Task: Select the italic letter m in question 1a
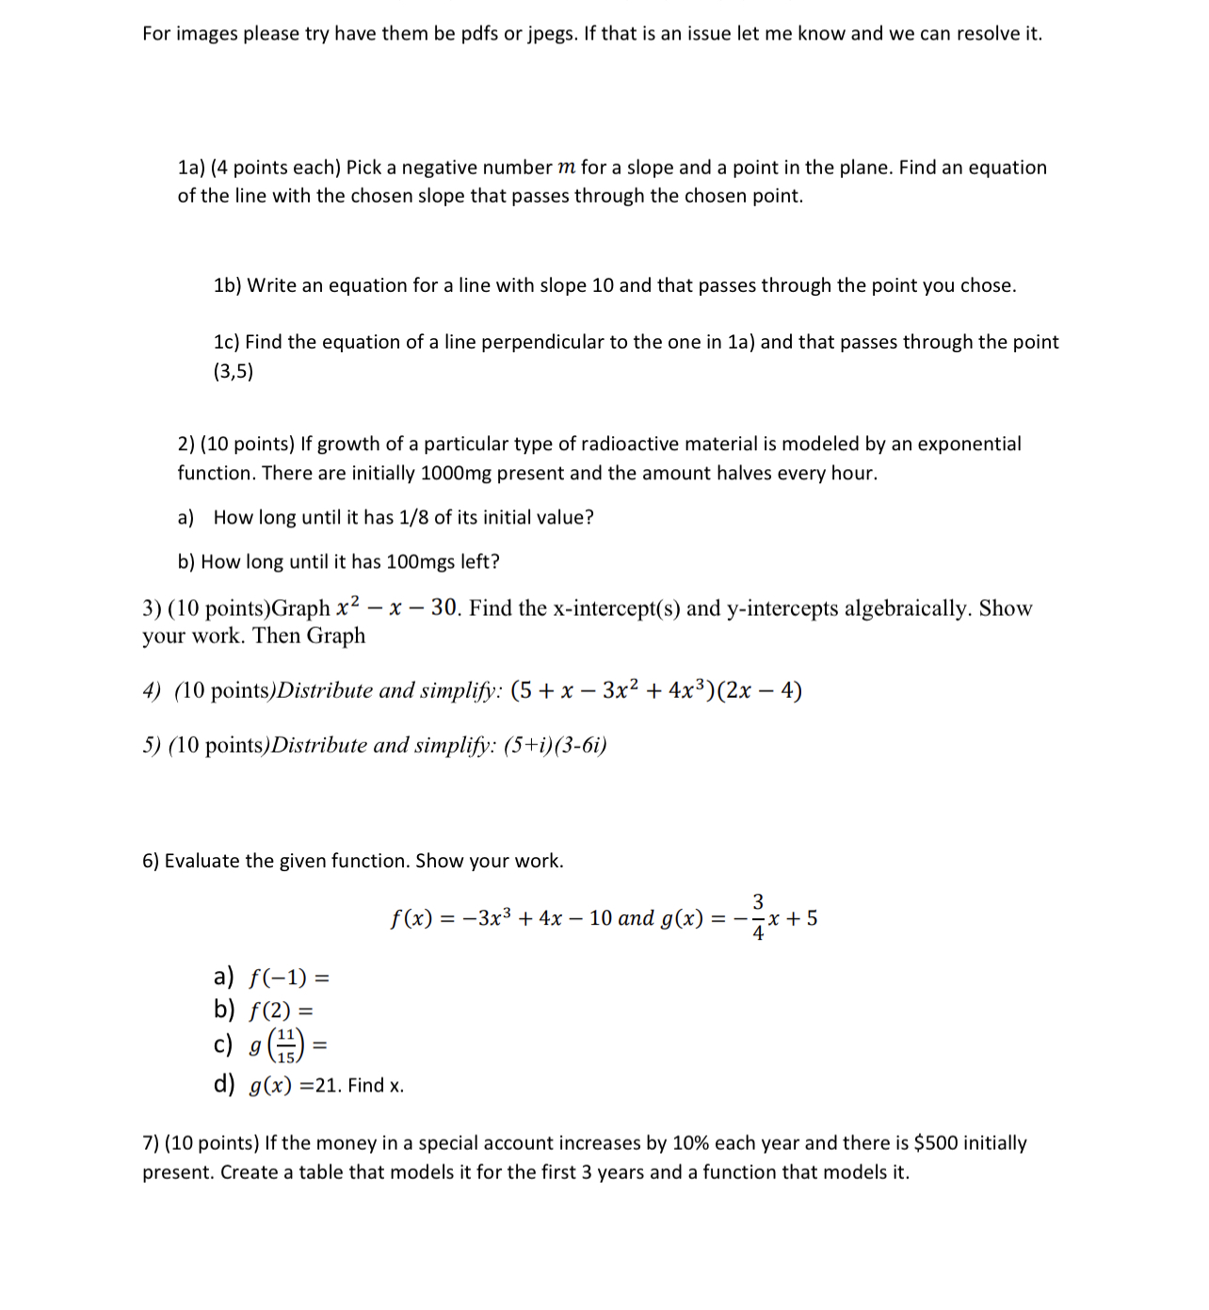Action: (x=566, y=168)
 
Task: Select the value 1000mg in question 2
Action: (x=456, y=473)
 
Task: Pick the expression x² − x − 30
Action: (x=396, y=608)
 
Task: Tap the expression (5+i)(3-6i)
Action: (x=556, y=745)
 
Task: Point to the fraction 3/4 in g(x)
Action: (x=758, y=916)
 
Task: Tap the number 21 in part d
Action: (x=326, y=1086)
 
